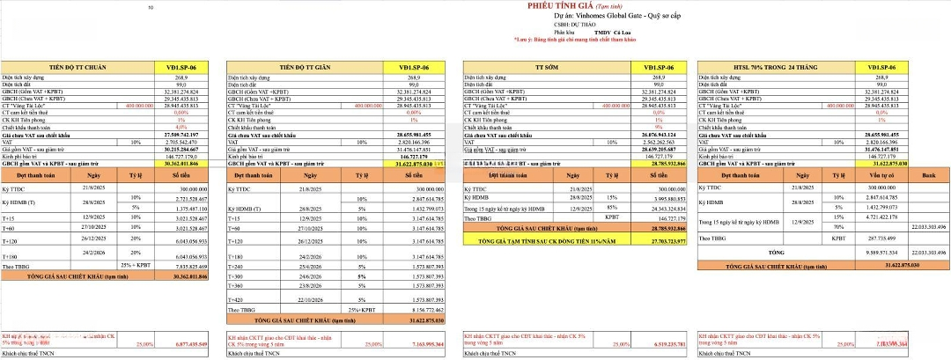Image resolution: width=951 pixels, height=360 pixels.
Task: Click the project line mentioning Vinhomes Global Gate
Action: coord(576,17)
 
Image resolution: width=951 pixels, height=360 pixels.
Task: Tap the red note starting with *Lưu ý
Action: coord(578,40)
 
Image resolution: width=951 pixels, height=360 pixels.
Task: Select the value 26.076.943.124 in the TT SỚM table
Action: coord(645,134)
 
